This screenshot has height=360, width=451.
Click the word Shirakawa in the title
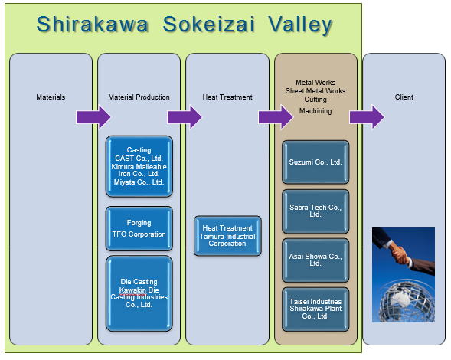92,24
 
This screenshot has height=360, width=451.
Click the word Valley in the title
301,25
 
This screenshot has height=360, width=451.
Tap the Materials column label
51,97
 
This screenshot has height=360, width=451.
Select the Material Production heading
139,97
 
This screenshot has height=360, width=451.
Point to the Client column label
404,97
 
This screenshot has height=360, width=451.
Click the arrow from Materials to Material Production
93,117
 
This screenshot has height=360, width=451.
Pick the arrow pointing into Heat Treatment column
185,117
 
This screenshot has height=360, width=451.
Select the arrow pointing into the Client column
367,117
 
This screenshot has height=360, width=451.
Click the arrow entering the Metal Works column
276,117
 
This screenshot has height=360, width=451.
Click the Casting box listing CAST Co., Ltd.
139,166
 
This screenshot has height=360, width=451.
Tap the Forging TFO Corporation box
139,228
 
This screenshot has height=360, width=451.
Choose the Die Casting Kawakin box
139,293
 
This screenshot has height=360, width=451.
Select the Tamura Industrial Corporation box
227,236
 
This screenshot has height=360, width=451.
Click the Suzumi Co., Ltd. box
315,162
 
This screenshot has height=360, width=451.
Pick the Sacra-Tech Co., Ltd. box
315,211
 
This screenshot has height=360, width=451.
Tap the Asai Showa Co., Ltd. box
315,260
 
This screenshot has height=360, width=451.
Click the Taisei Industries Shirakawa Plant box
315,309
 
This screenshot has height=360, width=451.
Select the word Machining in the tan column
315,111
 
